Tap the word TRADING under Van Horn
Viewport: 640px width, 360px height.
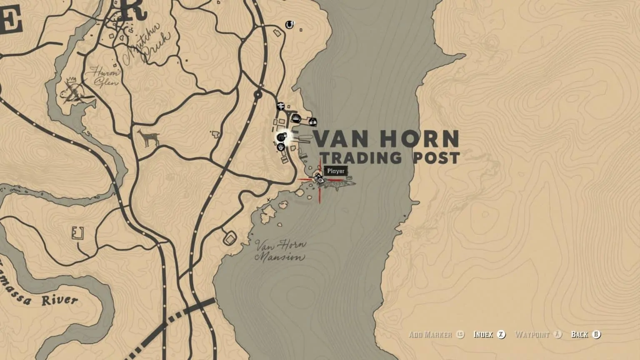[361, 157]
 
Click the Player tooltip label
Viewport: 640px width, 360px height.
[336, 171]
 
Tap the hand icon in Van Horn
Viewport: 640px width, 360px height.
[281, 147]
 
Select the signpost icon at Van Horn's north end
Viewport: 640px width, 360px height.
[280, 106]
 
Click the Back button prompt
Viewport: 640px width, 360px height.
[585, 334]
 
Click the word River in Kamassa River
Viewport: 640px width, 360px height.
[60, 300]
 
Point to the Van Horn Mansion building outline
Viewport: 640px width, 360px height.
[230, 239]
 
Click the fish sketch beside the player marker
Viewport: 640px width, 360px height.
[340, 183]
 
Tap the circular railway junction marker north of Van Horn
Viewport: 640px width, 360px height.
[258, 95]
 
